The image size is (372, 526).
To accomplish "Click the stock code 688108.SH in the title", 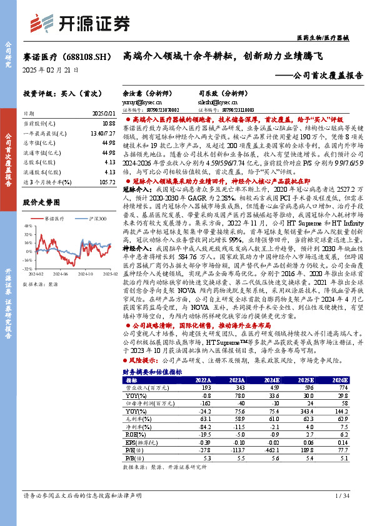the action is coord(84,56).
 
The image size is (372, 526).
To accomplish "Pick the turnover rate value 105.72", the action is coord(107,181).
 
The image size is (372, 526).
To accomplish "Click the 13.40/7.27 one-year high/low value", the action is coord(103,134).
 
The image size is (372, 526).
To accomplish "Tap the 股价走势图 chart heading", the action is coord(41,202).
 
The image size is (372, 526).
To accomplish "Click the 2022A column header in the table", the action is coord(203,380).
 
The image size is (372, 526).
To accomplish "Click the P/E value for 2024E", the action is coord(272,449).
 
